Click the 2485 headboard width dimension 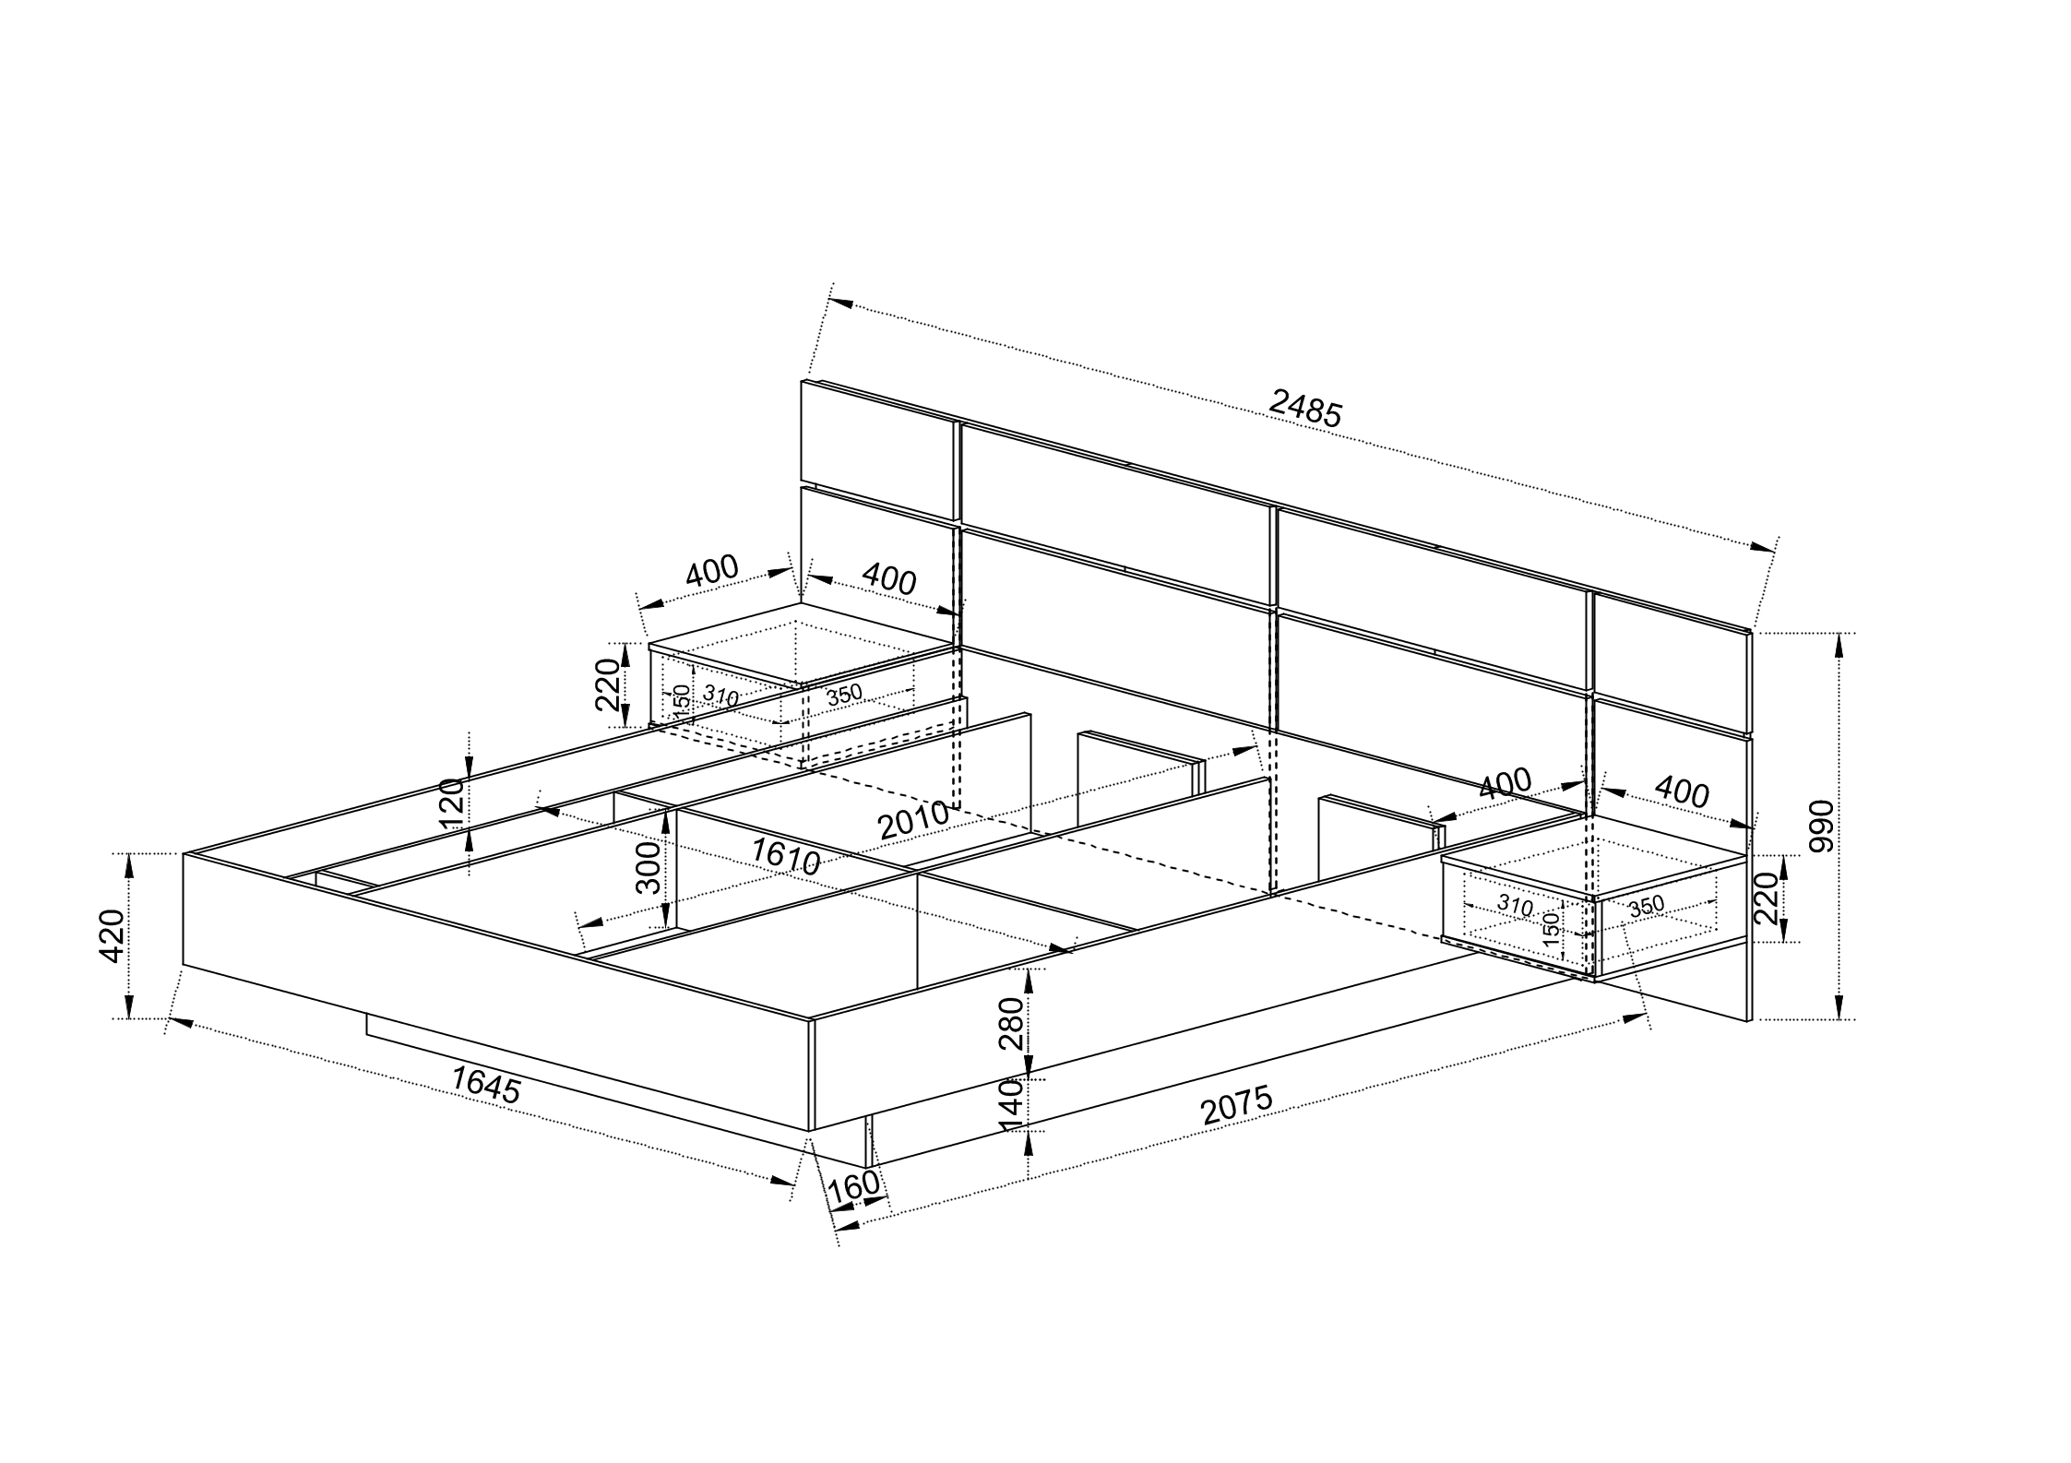point(1304,408)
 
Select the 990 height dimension point(1821,826)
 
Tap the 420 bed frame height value point(112,935)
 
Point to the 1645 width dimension point(486,1085)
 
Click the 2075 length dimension point(1238,1106)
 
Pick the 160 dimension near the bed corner point(853,1187)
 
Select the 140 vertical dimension point(1012,1104)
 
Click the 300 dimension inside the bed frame point(649,867)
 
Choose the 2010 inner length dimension point(913,819)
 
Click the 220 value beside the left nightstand point(607,684)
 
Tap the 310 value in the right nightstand point(1514,905)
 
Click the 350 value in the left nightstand point(843,695)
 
